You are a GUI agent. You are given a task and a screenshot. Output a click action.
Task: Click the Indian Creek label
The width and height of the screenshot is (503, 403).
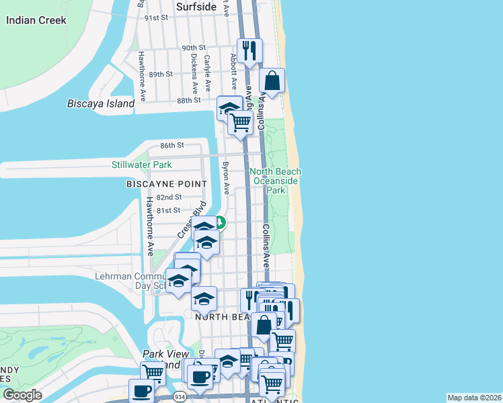click(x=36, y=20)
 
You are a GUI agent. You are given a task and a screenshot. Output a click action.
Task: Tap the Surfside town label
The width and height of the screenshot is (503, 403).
click(x=196, y=7)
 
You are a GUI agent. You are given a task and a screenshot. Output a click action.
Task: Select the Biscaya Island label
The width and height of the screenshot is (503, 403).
click(x=101, y=103)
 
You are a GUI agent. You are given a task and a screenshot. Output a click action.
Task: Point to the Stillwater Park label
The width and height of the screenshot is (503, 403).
click(x=141, y=165)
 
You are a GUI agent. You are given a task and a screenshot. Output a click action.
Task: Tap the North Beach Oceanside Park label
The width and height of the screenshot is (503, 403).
click(x=275, y=181)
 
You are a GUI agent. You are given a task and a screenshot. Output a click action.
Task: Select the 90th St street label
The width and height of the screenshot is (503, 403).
click(x=193, y=48)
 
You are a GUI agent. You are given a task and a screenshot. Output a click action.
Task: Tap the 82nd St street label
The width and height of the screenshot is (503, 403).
click(x=169, y=197)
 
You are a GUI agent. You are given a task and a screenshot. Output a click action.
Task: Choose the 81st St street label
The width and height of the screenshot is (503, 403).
click(x=169, y=210)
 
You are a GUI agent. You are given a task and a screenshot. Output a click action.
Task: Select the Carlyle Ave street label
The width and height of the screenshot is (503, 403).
click(x=208, y=67)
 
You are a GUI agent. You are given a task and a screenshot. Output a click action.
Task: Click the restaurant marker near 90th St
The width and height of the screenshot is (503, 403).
click(x=250, y=50)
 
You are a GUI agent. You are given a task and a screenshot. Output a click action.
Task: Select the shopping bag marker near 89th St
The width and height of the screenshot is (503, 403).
click(x=272, y=81)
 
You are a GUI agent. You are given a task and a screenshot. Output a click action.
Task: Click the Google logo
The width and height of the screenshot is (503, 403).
click(x=22, y=395)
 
